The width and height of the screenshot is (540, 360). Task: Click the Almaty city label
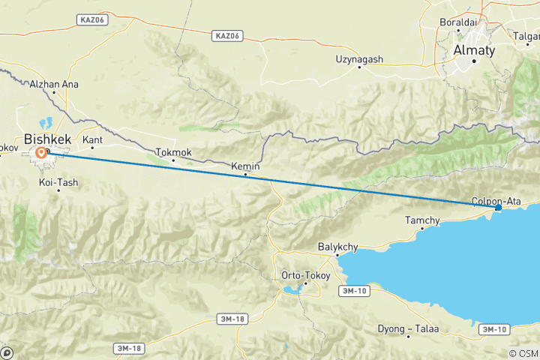[x=474, y=50]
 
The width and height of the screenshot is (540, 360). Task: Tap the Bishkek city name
[x=49, y=139]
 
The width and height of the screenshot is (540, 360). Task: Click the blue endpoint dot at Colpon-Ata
[x=498, y=208]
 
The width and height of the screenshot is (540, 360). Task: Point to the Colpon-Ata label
[x=496, y=200]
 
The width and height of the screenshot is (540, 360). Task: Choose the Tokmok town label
[x=173, y=152]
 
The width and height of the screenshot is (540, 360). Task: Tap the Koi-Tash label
[x=58, y=182]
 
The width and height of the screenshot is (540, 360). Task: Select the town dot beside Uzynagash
[x=359, y=67]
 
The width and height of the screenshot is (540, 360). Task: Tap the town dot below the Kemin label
[x=246, y=175]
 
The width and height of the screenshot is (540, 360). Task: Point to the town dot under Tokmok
[x=173, y=160]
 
